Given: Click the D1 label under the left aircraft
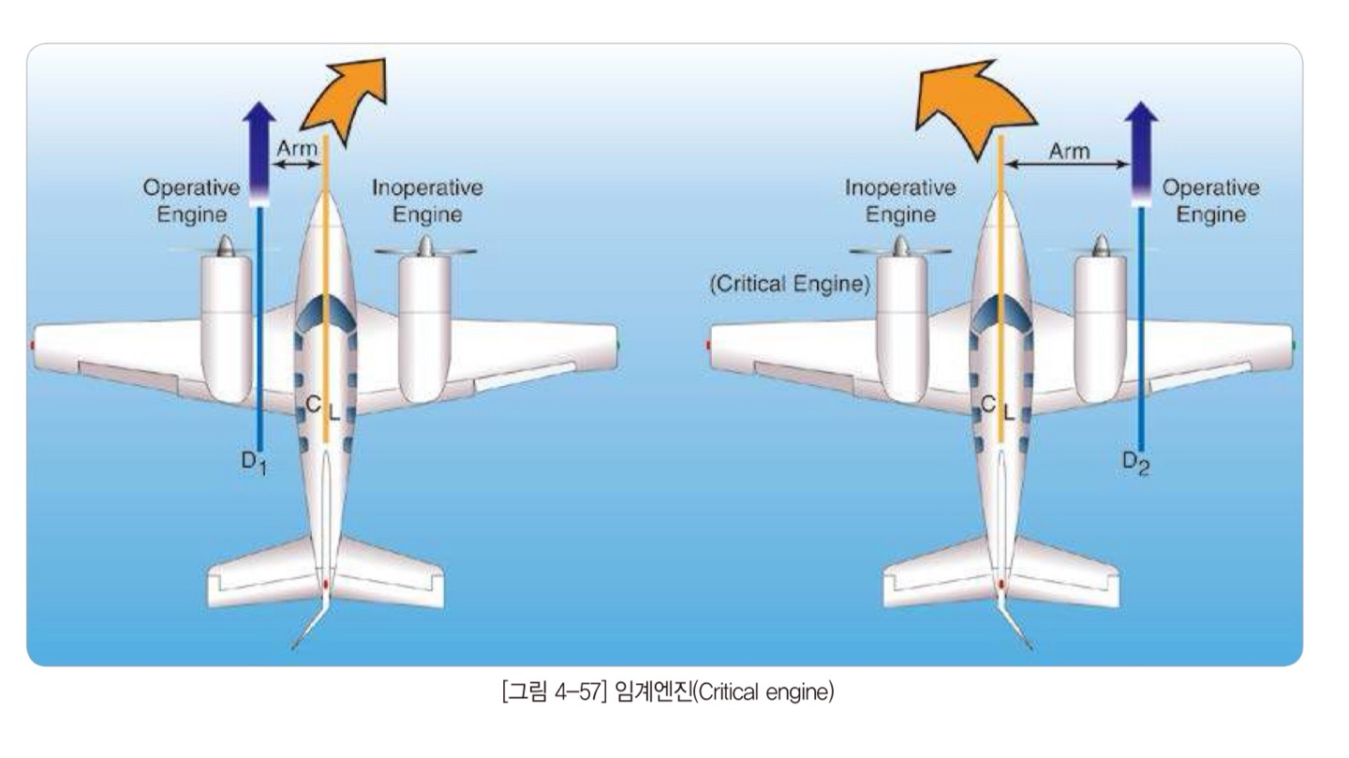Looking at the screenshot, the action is click(254, 463).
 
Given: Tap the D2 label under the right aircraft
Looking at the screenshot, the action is click(1136, 463).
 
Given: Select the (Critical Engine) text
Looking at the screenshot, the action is click(790, 284).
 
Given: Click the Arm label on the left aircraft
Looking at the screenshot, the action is click(297, 148).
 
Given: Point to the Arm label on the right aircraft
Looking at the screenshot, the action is click(1070, 151).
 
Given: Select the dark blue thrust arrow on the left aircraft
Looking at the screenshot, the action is click(259, 154).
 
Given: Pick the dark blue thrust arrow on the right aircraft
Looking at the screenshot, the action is click(1141, 154).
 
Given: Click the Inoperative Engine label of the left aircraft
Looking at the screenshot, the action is click(427, 201).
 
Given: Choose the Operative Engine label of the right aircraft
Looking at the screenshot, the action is click(1210, 201).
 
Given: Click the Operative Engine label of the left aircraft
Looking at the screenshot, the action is click(191, 201).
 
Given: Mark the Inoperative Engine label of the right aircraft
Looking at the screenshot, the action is click(900, 201).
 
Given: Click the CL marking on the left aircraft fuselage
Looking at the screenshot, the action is click(323, 409).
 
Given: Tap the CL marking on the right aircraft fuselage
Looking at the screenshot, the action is click(998, 409).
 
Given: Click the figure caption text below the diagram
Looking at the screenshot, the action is click(668, 691).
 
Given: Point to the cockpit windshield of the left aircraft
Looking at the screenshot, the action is click(326, 313).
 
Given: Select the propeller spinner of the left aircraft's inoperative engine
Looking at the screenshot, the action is click(425, 245).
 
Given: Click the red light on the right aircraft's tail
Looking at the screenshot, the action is click(1001, 584).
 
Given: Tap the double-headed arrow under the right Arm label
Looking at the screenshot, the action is click(1068, 164).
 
